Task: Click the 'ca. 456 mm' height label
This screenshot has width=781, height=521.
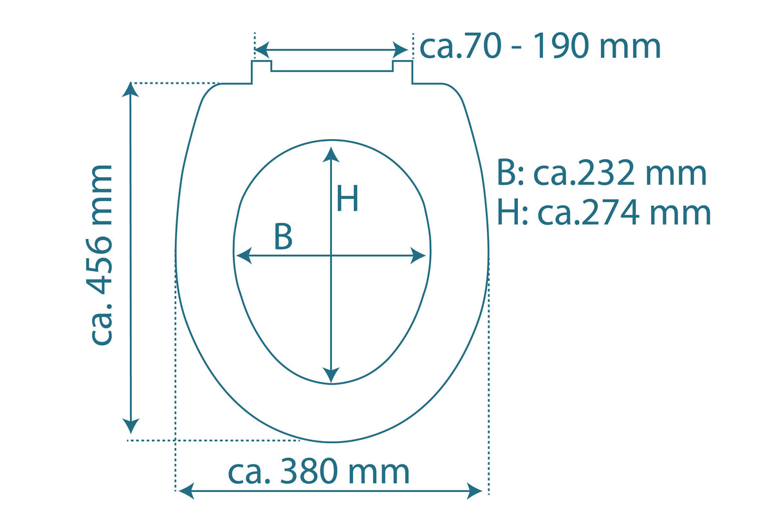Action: pyautogui.click(x=102, y=255)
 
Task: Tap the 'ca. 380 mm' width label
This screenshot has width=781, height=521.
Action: pyautogui.click(x=318, y=473)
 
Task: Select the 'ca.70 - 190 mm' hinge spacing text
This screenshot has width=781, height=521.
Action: pyautogui.click(x=540, y=46)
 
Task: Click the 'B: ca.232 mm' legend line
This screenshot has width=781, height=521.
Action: pyautogui.click(x=602, y=174)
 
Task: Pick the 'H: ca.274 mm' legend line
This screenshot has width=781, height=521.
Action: pyautogui.click(x=603, y=213)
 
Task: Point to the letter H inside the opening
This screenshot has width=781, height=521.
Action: pyautogui.click(x=347, y=200)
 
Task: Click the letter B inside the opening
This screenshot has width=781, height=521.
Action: pyautogui.click(x=283, y=238)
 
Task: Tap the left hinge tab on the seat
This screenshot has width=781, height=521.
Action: pyautogui.click(x=261, y=71)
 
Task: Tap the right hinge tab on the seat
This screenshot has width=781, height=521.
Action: pyautogui.click(x=402, y=71)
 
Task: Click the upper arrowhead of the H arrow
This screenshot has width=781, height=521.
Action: pyautogui.click(x=331, y=154)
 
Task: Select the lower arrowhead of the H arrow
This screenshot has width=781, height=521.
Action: pyautogui.click(x=331, y=374)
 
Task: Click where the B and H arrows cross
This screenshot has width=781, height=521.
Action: pyautogui.click(x=331, y=256)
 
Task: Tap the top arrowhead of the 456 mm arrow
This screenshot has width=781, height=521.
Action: pyautogui.click(x=131, y=90)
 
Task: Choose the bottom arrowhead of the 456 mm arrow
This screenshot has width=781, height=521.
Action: pyautogui.click(x=131, y=426)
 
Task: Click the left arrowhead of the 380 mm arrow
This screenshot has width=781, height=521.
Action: pyautogui.click(x=186, y=492)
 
